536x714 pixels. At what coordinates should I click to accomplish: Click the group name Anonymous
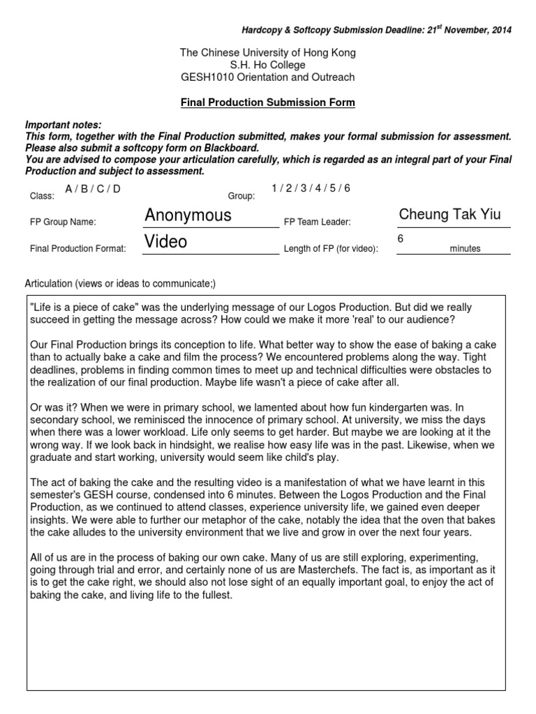(188, 215)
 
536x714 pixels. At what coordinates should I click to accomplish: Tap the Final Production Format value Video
(166, 241)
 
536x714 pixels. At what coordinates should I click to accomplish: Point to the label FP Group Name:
(63, 222)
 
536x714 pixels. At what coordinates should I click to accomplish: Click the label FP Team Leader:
(317, 222)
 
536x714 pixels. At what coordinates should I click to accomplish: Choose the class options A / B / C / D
(93, 189)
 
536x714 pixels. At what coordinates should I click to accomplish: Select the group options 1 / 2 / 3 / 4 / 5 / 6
(311, 188)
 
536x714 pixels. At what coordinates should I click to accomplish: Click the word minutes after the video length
(465, 248)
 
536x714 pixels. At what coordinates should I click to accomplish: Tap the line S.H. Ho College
(268, 65)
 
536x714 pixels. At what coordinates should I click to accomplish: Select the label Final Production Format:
(77, 248)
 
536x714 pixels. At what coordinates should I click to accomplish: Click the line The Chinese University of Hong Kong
(268, 52)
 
